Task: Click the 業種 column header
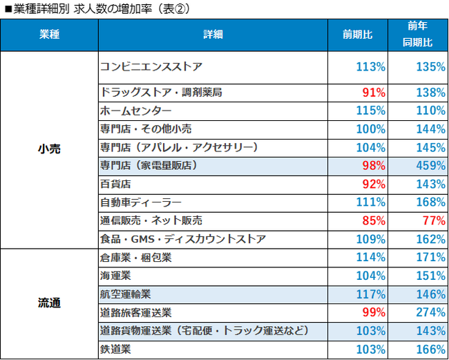[50, 35]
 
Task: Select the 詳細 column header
[213, 35]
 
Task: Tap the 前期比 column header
[358, 35]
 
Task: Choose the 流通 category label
[50, 303]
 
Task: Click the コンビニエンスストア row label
[151, 67]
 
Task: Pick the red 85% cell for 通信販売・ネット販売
[374, 221]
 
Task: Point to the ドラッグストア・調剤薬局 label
[160, 92]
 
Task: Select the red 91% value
[374, 92]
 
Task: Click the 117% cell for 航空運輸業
[371, 294]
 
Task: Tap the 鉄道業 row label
[116, 350]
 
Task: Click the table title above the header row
[97, 10]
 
